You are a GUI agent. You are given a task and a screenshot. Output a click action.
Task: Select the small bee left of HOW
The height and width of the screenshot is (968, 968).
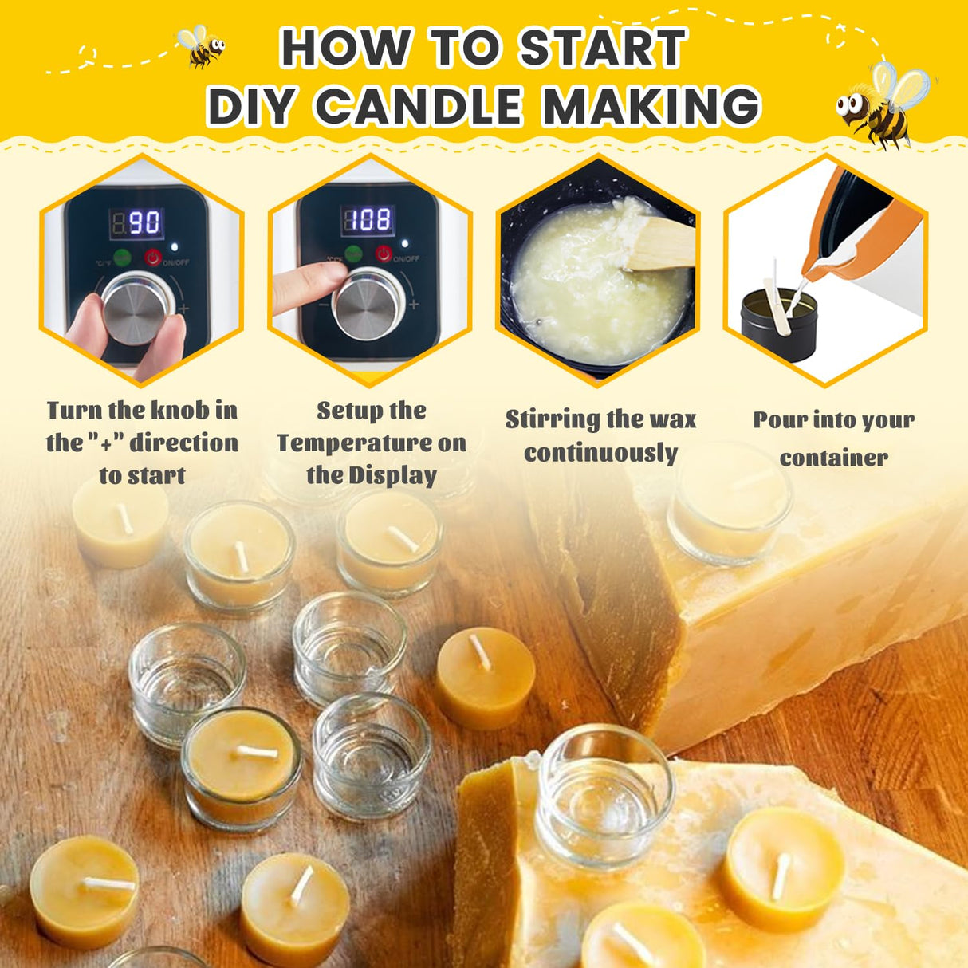pos(201,45)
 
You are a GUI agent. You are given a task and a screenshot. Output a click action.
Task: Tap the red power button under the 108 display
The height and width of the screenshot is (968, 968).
pos(384,254)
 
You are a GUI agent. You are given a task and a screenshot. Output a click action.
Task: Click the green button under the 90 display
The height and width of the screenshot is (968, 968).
pos(122,258)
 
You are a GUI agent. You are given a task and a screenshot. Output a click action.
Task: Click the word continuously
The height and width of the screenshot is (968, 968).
pos(600,453)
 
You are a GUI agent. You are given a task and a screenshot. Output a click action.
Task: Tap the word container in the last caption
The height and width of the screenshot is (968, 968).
pos(833,458)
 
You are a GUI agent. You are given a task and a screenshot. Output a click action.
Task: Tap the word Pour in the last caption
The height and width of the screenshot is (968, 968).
pos(778,420)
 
